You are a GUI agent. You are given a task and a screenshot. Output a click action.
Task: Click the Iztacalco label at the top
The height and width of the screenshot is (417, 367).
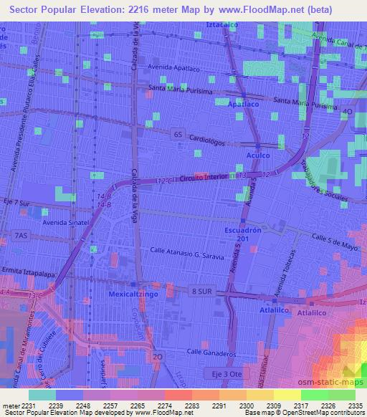[221, 24]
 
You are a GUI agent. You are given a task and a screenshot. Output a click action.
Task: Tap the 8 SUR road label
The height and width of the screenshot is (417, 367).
[203, 291]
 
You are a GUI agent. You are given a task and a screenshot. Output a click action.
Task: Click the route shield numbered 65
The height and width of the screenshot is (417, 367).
[178, 133]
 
